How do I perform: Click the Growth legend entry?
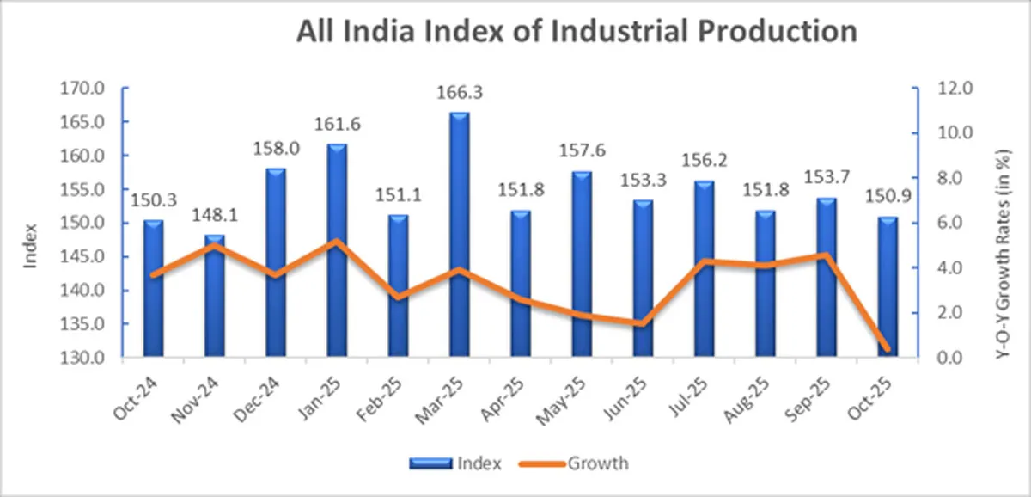coord(596,463)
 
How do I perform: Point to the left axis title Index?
coord(31,246)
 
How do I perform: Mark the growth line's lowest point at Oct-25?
coord(887,348)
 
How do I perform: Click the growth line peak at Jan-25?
coord(336,242)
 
